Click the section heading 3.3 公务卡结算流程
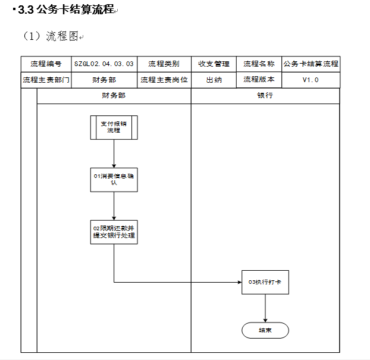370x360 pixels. pos(66,10)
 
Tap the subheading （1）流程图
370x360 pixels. pos(51,36)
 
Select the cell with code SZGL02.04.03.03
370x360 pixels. pos(104,64)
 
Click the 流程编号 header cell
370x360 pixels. pos(46,64)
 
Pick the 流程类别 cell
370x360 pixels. pos(164,64)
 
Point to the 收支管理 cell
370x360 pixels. pos(214,64)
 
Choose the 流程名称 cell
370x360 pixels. pos(259,64)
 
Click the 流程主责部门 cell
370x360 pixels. pos(46,80)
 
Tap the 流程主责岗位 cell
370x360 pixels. pos(164,80)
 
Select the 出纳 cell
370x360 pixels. pos(214,80)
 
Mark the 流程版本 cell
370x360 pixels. pos(259,80)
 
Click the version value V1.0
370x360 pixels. pos(311,80)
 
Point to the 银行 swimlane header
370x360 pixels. pos(265,96)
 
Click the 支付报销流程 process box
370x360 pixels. pos(114,127)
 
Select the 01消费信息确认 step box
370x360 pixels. pos(114,180)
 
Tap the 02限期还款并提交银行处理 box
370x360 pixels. pos(114,232)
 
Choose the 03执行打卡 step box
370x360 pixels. pos(265,282)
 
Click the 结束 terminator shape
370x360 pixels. pos(265,330)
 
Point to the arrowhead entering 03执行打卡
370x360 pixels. pos(240,282)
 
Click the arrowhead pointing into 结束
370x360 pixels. pos(265,320)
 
